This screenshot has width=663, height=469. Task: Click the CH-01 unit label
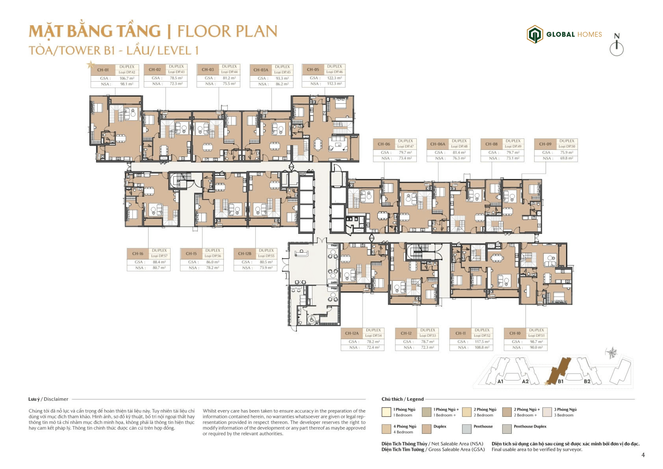coord(103,70)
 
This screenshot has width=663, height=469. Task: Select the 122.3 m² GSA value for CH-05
coord(334,78)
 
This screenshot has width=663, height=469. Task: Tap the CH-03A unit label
coord(261,70)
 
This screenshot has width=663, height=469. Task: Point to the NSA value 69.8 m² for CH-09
coord(567,158)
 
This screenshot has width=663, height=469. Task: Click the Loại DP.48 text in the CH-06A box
coord(459,146)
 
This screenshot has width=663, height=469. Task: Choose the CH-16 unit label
coord(137,253)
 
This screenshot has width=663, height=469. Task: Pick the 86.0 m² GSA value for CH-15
coord(213,262)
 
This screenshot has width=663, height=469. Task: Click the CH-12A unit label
coord(352,333)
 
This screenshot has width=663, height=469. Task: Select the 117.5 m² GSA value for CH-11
coord(482,342)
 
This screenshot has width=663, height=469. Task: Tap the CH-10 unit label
coord(515,333)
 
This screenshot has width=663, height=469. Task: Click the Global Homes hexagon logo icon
coord(535,34)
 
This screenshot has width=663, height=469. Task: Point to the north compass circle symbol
coord(616,49)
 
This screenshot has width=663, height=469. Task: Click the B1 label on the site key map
coord(560,381)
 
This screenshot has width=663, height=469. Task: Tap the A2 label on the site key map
coord(525,381)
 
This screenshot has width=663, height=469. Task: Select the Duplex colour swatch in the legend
coord(426,429)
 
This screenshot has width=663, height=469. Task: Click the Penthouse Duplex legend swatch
coord(507,429)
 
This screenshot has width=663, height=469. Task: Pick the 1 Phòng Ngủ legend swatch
coord(386,412)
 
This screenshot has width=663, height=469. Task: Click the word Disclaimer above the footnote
coord(56,399)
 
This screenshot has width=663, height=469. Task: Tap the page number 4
coord(643,455)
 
